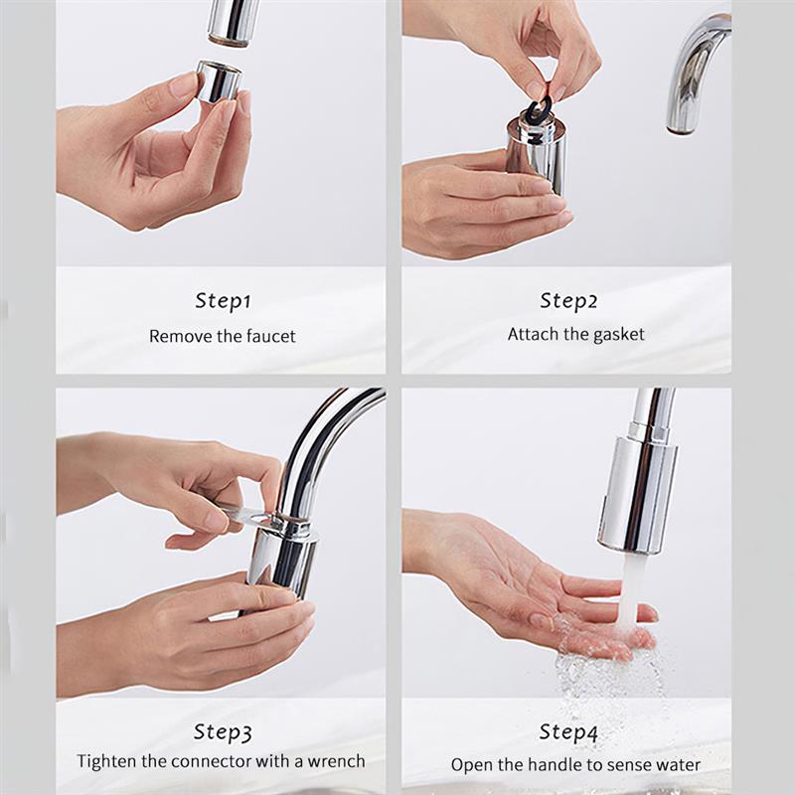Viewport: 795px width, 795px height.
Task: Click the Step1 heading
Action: click(x=222, y=300)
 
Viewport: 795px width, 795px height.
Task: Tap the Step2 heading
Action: click(x=568, y=300)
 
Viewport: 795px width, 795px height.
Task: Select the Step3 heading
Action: click(x=222, y=732)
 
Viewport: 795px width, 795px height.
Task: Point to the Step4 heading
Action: click(x=568, y=732)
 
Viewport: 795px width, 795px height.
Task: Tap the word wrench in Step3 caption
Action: click(x=335, y=761)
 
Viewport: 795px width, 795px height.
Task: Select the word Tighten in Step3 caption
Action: click(x=106, y=761)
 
